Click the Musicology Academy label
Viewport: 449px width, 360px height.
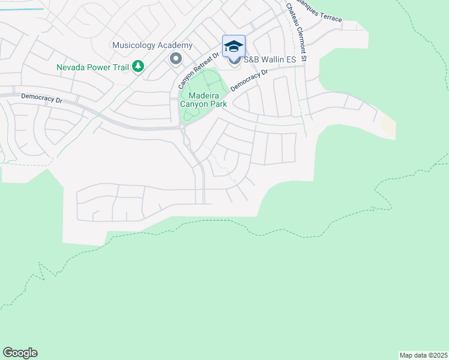(x=152, y=46)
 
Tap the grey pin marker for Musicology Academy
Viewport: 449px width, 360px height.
(x=176, y=58)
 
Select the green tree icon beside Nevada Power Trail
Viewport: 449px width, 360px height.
(x=139, y=66)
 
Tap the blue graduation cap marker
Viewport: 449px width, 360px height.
(x=234, y=46)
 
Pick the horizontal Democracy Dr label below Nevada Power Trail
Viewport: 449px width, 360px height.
(x=41, y=97)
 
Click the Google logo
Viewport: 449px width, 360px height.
(x=20, y=353)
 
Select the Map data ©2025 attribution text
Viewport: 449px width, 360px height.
(x=424, y=355)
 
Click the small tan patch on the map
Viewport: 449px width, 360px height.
(x=389, y=127)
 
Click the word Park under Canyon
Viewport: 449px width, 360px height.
(x=217, y=104)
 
